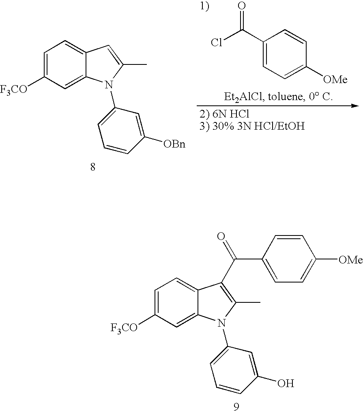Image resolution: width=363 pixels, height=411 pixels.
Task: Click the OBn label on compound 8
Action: click(174, 144)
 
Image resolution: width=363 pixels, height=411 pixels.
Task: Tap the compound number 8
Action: click(93, 167)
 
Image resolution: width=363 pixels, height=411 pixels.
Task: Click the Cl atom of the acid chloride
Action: click(217, 43)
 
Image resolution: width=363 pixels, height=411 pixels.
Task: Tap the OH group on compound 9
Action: click(286, 383)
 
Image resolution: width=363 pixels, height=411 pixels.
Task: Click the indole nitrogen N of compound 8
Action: click(107, 84)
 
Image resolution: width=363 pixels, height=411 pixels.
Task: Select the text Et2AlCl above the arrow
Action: click(238, 98)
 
